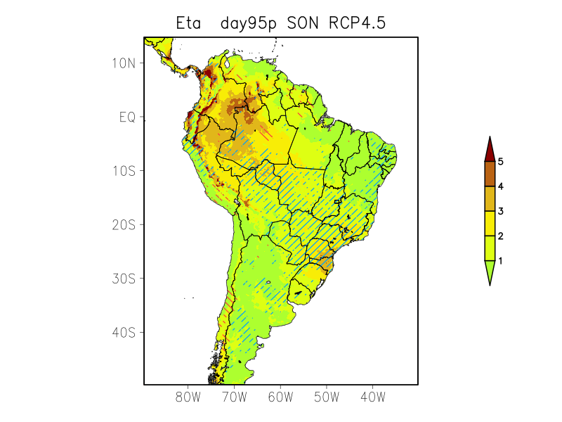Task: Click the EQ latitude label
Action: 127,117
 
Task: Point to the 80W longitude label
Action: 188,397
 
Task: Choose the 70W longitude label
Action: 235,397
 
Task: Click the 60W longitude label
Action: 280,397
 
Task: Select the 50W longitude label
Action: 327,397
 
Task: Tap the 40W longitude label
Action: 372,397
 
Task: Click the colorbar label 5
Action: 501,162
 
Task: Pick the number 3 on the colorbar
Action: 501,211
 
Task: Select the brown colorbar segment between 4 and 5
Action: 490,174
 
